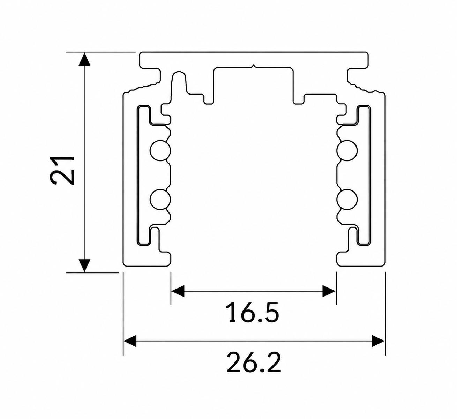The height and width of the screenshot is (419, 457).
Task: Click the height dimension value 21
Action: (62, 170)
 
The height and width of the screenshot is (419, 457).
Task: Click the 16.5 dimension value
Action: (253, 313)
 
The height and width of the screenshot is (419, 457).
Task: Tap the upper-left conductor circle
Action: (160, 151)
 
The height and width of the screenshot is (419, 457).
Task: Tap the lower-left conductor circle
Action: (160, 199)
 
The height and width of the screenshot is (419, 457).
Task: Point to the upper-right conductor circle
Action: (347, 151)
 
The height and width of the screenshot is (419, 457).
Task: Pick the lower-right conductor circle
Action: (347, 199)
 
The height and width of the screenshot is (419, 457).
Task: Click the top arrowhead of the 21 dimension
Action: (84, 59)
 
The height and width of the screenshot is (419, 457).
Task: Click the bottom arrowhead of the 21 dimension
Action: (84, 265)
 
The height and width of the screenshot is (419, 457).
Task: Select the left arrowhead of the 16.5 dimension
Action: (178, 291)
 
